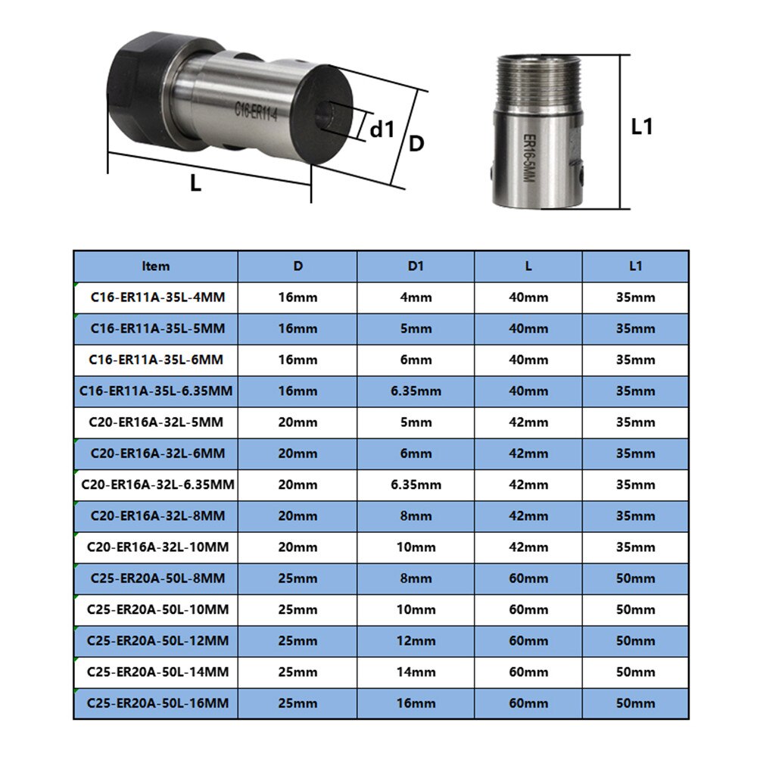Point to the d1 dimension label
382,129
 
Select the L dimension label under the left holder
195,182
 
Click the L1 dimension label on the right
642,126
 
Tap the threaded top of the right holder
539,83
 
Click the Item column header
156,266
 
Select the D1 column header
416,266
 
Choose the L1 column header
635,266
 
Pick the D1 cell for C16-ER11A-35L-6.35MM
416,391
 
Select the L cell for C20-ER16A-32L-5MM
528,422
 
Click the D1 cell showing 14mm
416,671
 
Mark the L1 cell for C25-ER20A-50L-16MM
635,703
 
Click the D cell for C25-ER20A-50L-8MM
298,578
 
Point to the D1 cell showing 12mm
416,640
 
